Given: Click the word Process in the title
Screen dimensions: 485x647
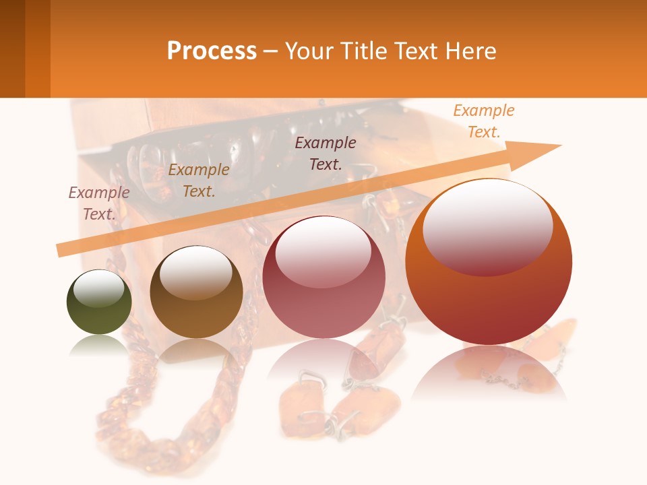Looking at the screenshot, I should tap(212, 51).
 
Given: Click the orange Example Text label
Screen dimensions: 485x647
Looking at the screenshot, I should tap(483, 121).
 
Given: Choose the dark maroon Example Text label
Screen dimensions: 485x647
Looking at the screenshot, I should tap(326, 153).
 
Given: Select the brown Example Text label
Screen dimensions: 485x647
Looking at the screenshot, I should tap(199, 181).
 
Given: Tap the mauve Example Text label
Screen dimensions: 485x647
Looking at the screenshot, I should tap(99, 203).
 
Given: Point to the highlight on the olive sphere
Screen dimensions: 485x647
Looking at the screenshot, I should tap(98, 288).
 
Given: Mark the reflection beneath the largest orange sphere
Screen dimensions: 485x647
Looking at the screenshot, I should tap(489, 374).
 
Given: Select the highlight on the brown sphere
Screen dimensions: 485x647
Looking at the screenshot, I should tap(195, 272).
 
